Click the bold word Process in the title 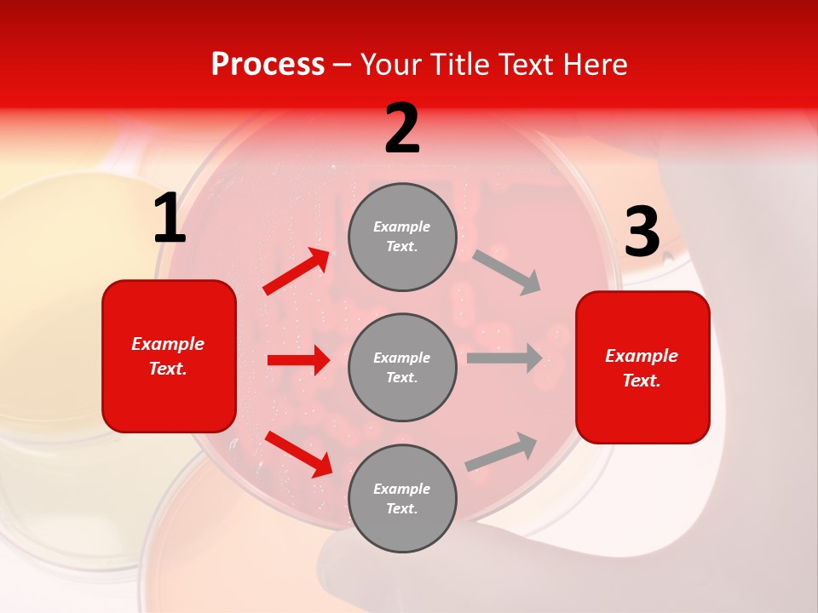[x=268, y=65]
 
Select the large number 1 [x=170, y=220]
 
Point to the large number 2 [x=402, y=129]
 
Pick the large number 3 [x=642, y=232]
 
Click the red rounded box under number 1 [x=169, y=356]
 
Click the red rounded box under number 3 [x=642, y=368]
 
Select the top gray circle [x=402, y=237]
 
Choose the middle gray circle [x=402, y=367]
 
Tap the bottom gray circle [x=402, y=498]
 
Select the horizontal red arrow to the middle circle [x=298, y=360]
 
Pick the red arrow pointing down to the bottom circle [x=298, y=454]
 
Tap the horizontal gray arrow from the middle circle [x=504, y=358]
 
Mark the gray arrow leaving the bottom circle [x=501, y=452]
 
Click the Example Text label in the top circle [x=402, y=237]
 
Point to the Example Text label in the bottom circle [x=402, y=498]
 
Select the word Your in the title [x=389, y=65]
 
